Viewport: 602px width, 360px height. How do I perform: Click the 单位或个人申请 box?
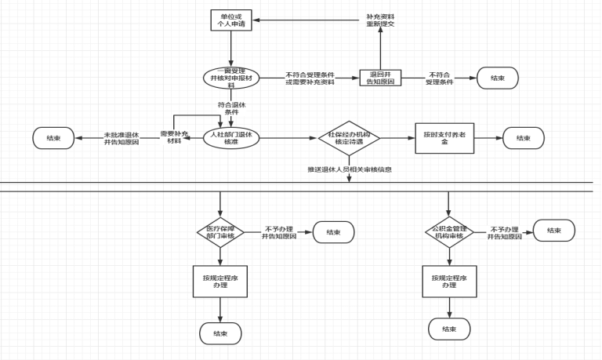[x=232, y=20]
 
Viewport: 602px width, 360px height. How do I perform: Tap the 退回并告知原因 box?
[x=381, y=79]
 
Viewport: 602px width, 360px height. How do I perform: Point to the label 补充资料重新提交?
[x=381, y=20]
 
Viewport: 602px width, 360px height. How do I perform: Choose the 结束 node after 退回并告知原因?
[x=497, y=78]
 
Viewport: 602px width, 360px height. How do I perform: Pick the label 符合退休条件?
[x=232, y=108]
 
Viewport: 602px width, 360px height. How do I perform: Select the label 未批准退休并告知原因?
[x=121, y=139]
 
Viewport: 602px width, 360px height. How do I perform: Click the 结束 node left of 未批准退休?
[x=53, y=138]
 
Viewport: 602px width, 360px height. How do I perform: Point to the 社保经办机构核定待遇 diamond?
[x=349, y=139]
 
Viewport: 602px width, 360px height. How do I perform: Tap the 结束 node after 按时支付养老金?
[x=524, y=138]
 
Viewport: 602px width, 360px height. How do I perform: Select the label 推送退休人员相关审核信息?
[x=350, y=169]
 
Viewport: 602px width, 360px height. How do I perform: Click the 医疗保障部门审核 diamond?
[x=220, y=231]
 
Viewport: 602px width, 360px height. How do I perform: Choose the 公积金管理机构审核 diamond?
[x=448, y=231]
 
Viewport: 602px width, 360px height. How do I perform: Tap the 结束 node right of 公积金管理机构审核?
[x=553, y=231]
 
